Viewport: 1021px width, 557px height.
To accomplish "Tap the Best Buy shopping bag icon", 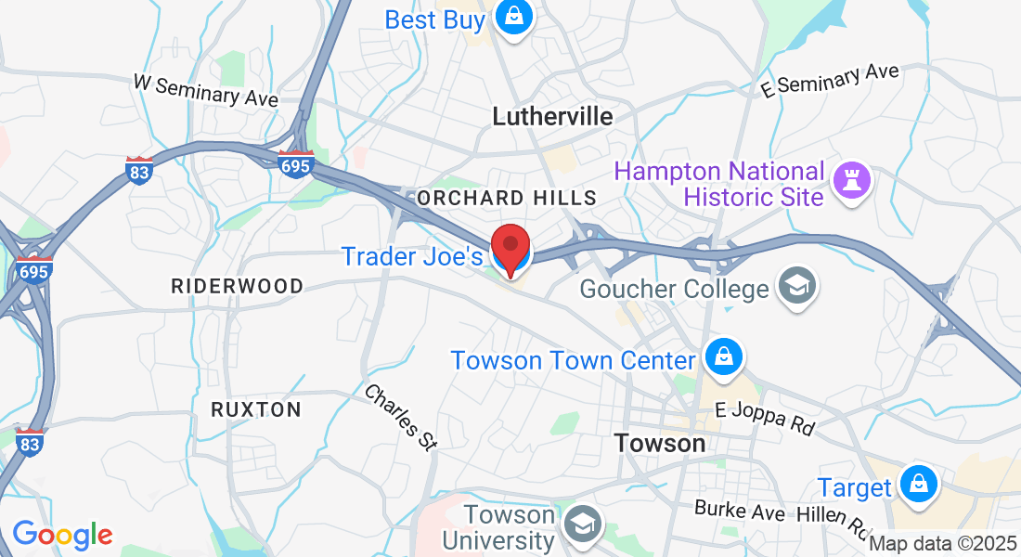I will [511, 17].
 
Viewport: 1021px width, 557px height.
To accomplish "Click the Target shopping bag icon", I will [918, 485].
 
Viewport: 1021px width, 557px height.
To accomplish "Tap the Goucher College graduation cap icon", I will [795, 286].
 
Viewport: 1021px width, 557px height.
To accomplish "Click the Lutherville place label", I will [552, 116].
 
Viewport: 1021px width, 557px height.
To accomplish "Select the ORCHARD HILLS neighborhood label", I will [506, 198].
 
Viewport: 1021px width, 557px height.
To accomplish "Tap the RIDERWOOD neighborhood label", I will [237, 286].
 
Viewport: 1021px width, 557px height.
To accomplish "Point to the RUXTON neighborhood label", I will [255, 409].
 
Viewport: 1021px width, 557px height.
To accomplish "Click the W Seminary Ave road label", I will [206, 91].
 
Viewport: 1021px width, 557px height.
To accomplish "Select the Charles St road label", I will [400, 418].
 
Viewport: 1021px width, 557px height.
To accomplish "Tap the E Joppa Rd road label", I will [765, 419].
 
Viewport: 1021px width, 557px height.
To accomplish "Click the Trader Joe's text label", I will [412, 255].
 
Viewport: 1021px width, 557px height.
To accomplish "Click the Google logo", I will [62, 535].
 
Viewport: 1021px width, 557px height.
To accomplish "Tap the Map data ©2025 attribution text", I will [943, 544].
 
